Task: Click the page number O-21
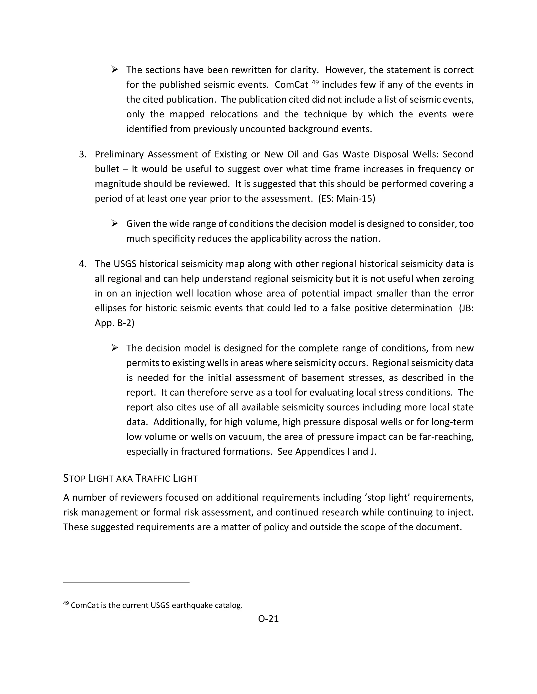pos(268,619)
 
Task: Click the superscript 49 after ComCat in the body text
pos(315,82)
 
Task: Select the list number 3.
pos(83,155)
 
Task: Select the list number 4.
pos(83,264)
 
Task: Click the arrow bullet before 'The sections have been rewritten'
pos(115,70)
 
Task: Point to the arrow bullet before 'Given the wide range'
pos(115,224)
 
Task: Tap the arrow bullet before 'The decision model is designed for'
pos(115,348)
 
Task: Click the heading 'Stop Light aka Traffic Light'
pos(130,478)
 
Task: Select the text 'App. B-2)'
pos(115,323)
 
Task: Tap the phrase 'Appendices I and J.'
pos(336,452)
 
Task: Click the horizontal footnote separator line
pos(126,582)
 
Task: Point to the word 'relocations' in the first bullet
pos(234,114)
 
